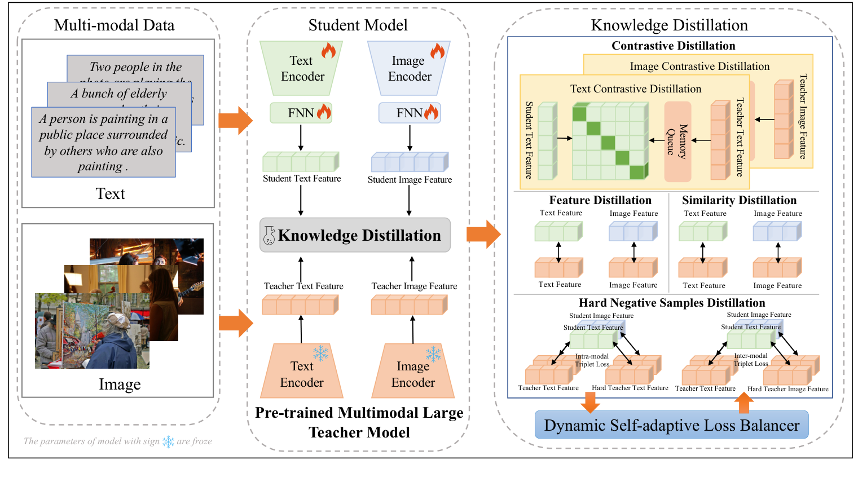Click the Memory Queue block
(x=677, y=141)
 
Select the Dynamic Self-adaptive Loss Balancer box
(x=671, y=425)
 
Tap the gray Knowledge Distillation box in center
(x=355, y=235)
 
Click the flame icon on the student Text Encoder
(x=328, y=51)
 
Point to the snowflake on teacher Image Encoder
(x=433, y=354)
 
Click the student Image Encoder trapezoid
(x=409, y=68)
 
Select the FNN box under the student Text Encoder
(x=301, y=113)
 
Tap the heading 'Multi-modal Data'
(x=114, y=25)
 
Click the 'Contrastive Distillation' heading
(x=673, y=46)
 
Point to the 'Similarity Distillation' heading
(x=739, y=200)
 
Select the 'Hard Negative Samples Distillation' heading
(x=672, y=303)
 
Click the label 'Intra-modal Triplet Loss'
(x=592, y=360)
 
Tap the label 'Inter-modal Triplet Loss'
(x=750, y=360)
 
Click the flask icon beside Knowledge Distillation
(x=269, y=236)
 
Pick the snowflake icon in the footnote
(x=168, y=441)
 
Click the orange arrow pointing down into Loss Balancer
(x=590, y=402)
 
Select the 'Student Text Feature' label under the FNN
(x=302, y=179)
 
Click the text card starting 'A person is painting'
(x=103, y=142)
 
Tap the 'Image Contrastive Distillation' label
(x=699, y=67)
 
